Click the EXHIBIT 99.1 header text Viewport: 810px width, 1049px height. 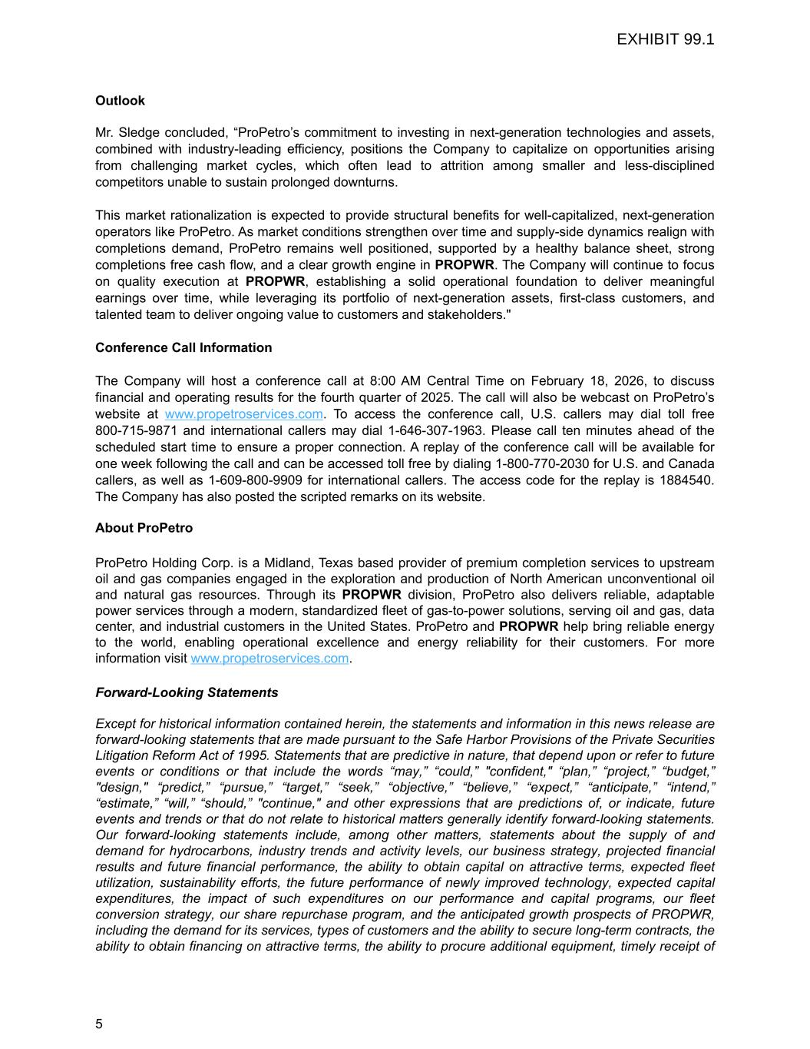(x=665, y=39)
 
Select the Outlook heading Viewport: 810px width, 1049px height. (x=120, y=101)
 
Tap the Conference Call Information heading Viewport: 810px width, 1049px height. (x=183, y=347)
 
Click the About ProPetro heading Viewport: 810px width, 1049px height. (x=144, y=528)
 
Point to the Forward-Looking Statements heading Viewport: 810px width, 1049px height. (x=187, y=692)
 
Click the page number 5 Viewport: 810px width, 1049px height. (x=99, y=1024)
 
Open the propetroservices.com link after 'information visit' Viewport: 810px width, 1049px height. (x=269, y=658)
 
